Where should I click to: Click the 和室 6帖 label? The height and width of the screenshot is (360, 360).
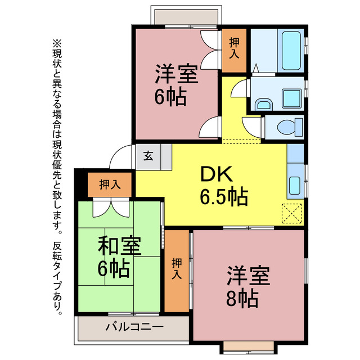point(119,257)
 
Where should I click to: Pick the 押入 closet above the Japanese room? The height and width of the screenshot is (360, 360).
point(109,183)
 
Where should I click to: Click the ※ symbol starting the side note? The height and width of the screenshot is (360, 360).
point(56,43)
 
